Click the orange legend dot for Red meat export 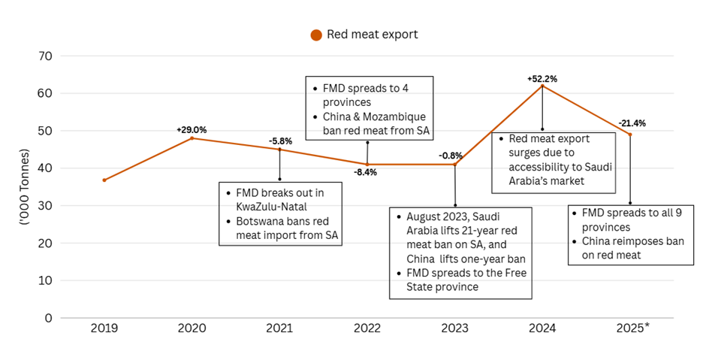tap(316, 35)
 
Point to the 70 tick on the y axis tap(47, 56)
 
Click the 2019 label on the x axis tap(104, 328)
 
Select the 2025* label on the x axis tap(631, 328)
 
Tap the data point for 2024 tap(542, 86)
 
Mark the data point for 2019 tap(104, 180)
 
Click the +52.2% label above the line tap(542, 78)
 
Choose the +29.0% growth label tap(192, 130)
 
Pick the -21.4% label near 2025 tap(632, 123)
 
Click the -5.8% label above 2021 tap(281, 141)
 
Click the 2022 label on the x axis tap(367, 328)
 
